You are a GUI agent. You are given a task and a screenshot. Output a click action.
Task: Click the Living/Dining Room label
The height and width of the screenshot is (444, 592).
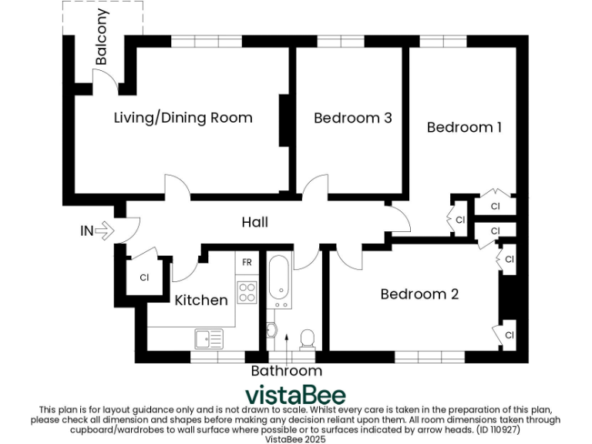click(x=183, y=118)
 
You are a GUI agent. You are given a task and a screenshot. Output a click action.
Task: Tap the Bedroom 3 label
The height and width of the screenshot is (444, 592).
click(x=352, y=118)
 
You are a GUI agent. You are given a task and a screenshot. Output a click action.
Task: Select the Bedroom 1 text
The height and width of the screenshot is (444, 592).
click(x=464, y=127)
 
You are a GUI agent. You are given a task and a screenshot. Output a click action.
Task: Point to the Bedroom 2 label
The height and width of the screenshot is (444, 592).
click(x=419, y=294)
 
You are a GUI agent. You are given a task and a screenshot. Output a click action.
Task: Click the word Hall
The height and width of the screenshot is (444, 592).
click(x=254, y=222)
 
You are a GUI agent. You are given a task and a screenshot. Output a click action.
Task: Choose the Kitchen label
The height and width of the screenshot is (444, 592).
click(x=200, y=300)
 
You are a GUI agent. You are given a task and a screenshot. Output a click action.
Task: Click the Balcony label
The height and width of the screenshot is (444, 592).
click(x=102, y=37)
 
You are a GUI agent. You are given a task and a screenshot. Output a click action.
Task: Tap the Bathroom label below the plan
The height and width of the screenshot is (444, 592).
click(x=286, y=371)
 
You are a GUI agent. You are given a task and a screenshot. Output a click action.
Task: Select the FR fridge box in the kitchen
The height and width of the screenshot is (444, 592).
click(x=247, y=263)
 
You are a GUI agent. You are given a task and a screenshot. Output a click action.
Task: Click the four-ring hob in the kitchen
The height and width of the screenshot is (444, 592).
click(x=247, y=292)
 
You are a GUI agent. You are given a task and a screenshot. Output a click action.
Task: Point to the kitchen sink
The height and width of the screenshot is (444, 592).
click(x=208, y=338)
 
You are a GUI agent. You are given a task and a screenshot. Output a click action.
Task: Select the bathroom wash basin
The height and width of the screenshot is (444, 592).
click(x=271, y=330)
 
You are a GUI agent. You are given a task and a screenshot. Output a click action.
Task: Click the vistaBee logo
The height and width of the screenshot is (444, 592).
click(x=295, y=394)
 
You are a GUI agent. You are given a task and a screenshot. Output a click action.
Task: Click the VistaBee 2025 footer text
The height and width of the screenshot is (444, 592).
click(x=295, y=439)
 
